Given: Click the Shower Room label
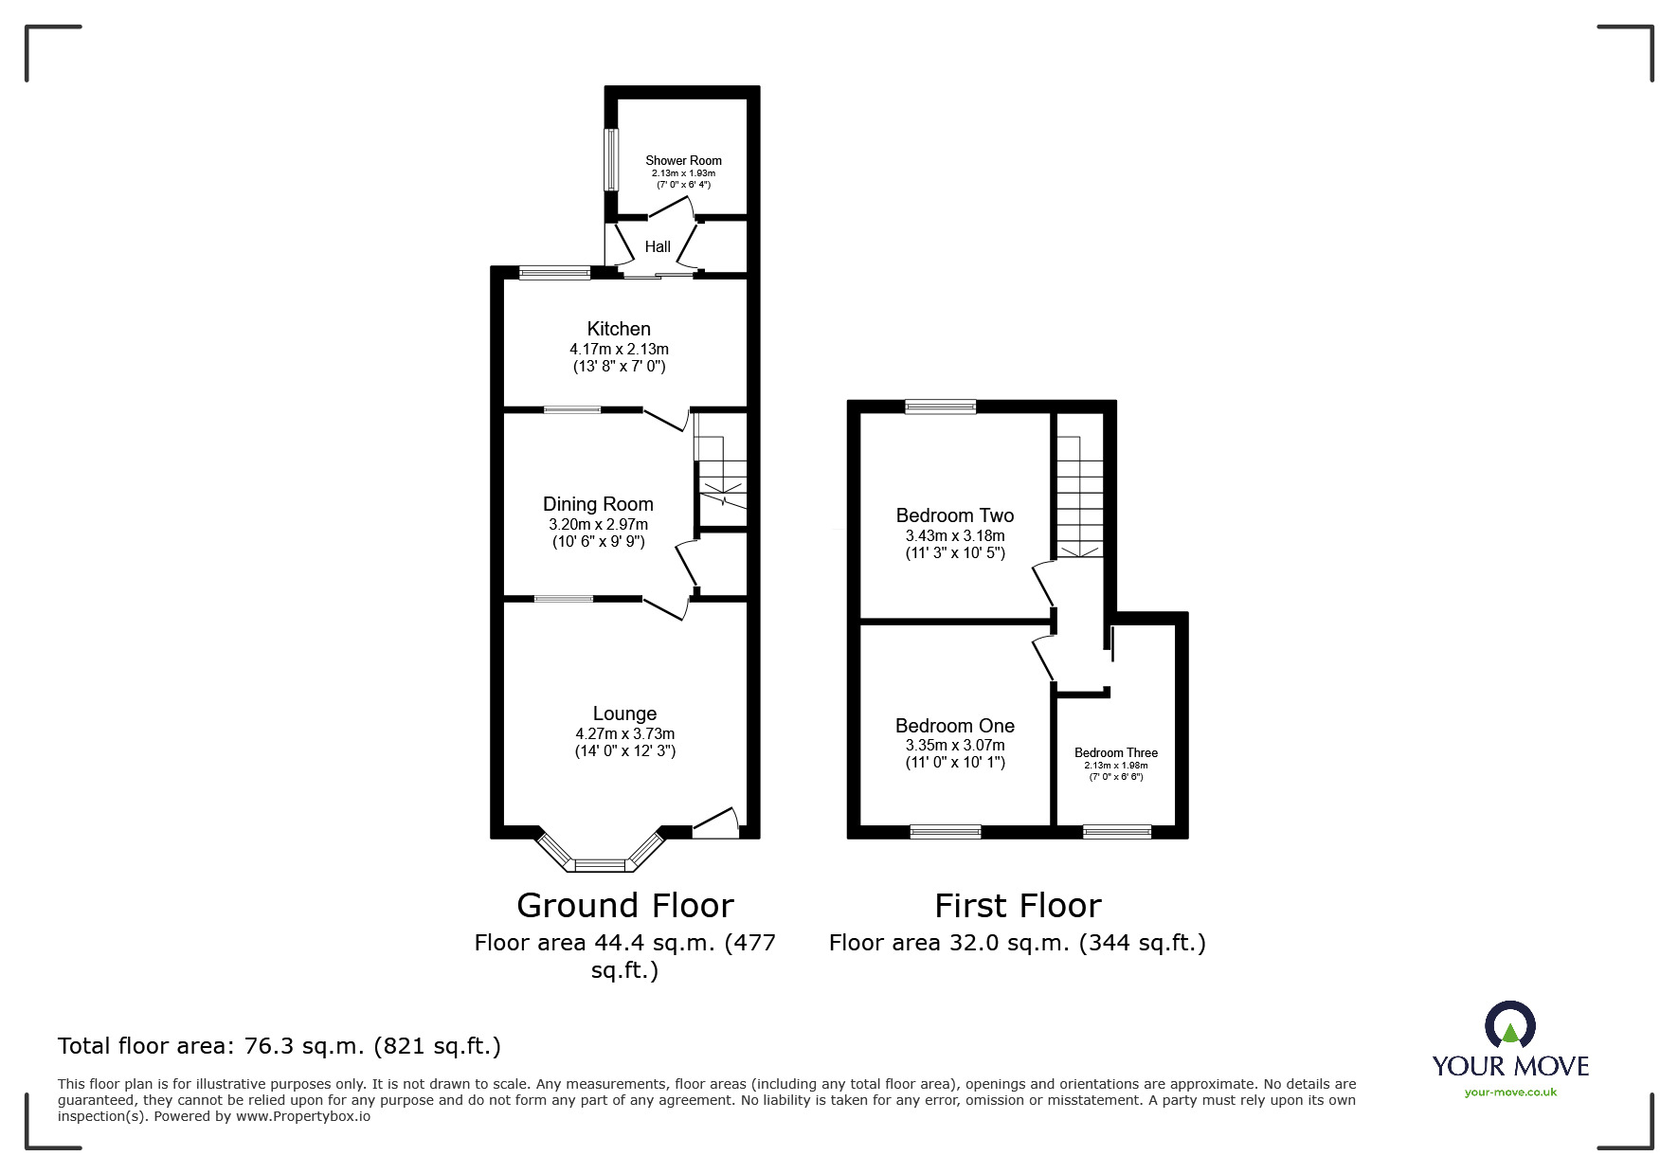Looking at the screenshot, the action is click(683, 161).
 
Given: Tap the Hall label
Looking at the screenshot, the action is click(658, 247).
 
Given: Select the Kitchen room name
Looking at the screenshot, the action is click(619, 329).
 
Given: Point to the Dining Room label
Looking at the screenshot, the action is click(598, 504).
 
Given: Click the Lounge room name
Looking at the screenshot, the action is click(624, 713).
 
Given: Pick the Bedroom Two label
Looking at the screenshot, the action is click(955, 515).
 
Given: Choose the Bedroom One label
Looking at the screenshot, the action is click(955, 726).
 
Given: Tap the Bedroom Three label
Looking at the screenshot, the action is click(1116, 753).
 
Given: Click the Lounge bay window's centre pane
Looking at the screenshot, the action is click(601, 865).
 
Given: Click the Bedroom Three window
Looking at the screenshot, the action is click(1117, 832).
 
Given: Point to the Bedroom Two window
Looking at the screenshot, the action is click(940, 407).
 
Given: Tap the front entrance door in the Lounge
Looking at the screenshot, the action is click(715, 822).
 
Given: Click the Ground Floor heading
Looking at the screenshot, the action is click(625, 906).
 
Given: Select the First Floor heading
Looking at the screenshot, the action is click(1018, 906).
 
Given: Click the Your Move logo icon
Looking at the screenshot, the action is click(1509, 1024).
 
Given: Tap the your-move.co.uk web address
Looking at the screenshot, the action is click(1510, 1093).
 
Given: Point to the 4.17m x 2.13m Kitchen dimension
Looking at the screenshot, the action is click(619, 350).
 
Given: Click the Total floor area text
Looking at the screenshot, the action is click(280, 1046).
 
